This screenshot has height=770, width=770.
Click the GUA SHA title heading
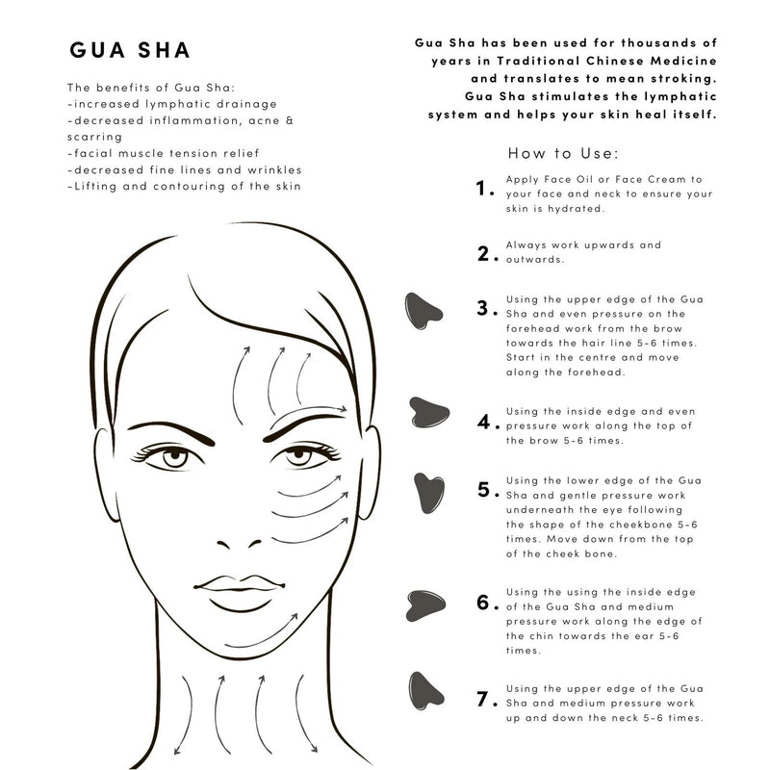pyautogui.click(x=130, y=50)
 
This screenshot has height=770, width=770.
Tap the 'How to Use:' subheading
pyautogui.click(x=563, y=153)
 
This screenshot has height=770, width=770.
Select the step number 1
pyautogui.click(x=486, y=190)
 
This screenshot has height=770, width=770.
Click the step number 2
pyautogui.click(x=486, y=254)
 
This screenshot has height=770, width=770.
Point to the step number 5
pyautogui.click(x=486, y=489)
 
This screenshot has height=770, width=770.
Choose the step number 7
pyautogui.click(x=486, y=700)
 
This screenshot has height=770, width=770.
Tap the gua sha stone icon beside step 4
pyautogui.click(x=428, y=411)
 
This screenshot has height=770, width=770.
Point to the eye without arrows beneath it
pyautogui.click(x=174, y=455)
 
